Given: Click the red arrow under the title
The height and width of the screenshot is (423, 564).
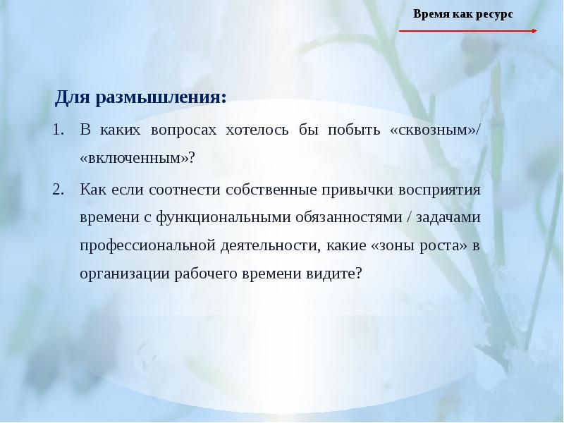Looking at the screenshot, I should coord(468,31).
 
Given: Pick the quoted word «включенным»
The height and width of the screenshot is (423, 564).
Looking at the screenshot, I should coord(134,158).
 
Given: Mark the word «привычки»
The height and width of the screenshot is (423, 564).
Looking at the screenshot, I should coord(350,190).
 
